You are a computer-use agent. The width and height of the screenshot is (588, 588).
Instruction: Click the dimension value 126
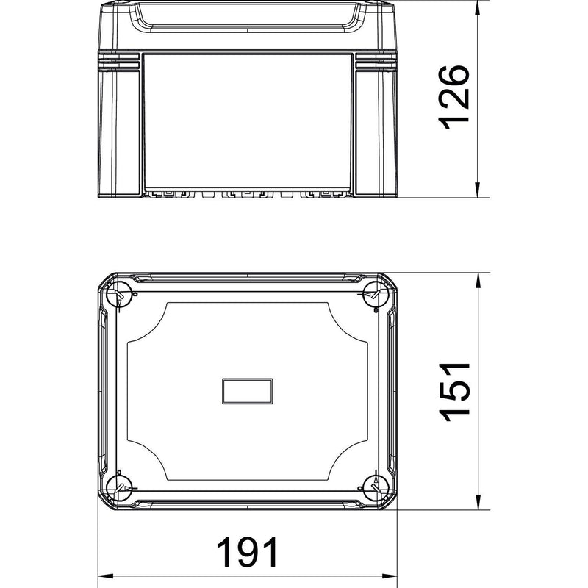[x=454, y=98]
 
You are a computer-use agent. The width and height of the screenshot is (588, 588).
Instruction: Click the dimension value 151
[x=454, y=392]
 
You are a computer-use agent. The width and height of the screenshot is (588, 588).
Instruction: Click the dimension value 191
[x=247, y=552]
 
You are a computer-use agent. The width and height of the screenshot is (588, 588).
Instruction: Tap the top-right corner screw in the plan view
[x=376, y=293]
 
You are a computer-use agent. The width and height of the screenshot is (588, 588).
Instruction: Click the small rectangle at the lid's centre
[x=248, y=391]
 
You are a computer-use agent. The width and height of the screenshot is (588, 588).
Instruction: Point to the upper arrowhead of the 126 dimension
[x=477, y=7]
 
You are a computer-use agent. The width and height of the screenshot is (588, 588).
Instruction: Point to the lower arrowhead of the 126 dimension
[x=477, y=190]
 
